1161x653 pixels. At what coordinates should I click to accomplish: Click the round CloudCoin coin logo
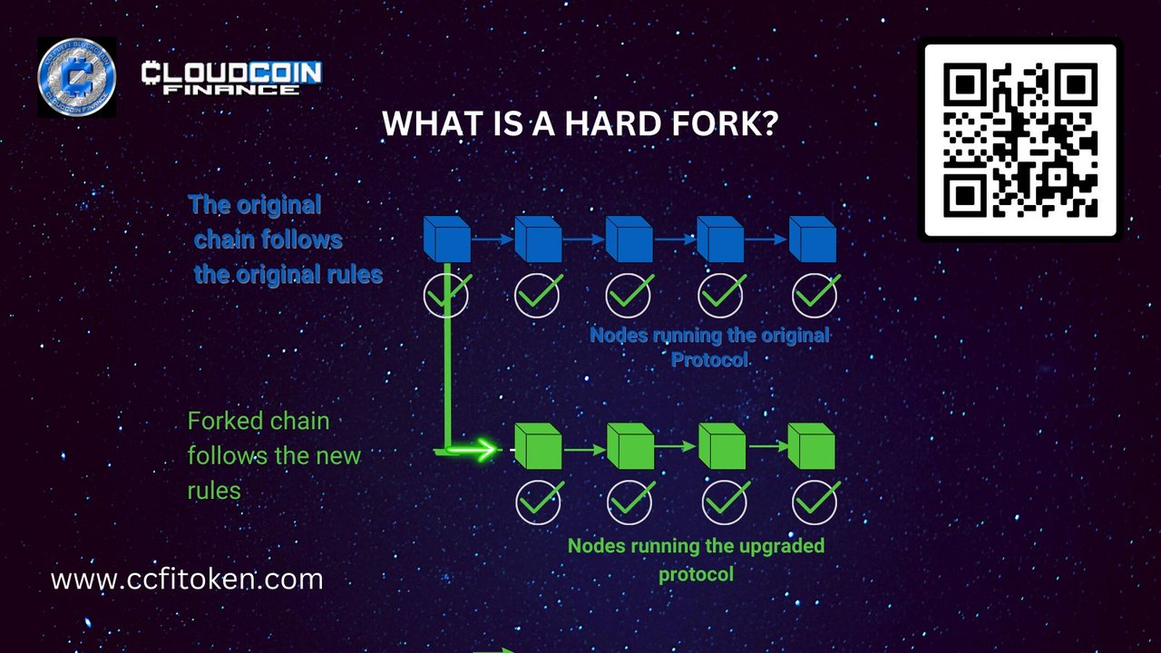pos(77,77)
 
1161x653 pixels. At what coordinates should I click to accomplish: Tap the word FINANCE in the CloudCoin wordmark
pos(231,89)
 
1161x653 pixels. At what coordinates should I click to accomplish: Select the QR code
pos(1020,140)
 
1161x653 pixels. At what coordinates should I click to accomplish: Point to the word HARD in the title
pos(612,124)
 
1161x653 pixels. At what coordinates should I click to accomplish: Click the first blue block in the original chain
pos(447,239)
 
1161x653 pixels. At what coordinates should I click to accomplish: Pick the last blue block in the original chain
pos(812,239)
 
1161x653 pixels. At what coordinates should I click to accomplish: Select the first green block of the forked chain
pos(538,446)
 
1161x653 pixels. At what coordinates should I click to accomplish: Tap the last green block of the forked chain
pos(811,446)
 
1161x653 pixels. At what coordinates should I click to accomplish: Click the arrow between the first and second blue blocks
pos(493,239)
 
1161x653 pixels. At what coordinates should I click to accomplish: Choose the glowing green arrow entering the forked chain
pos(471,449)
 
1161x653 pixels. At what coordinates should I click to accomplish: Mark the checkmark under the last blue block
pos(815,294)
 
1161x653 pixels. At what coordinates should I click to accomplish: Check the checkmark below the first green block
pos(540,502)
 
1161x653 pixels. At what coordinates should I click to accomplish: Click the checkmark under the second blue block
pos(539,294)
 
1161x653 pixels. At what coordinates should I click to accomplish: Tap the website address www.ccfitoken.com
pos(187,579)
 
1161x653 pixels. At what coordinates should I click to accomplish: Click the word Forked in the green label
pos(221,421)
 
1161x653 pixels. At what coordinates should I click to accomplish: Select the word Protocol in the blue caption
pos(709,359)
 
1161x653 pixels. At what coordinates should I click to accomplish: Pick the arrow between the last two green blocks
pos(767,446)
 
